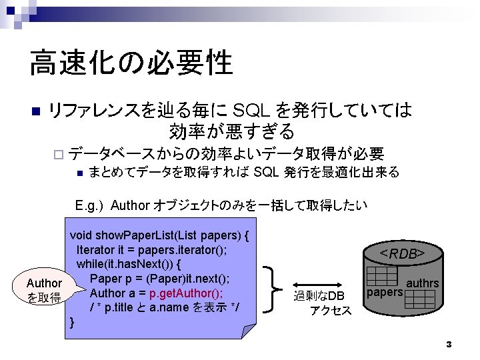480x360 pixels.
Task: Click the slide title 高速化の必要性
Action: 131,63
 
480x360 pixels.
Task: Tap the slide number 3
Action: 449,344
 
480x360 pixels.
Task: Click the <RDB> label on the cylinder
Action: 403,253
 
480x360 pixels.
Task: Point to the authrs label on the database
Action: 423,283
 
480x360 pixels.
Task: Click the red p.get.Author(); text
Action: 186,293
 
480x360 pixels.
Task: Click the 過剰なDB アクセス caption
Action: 319,302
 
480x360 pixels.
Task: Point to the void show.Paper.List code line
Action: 160,235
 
